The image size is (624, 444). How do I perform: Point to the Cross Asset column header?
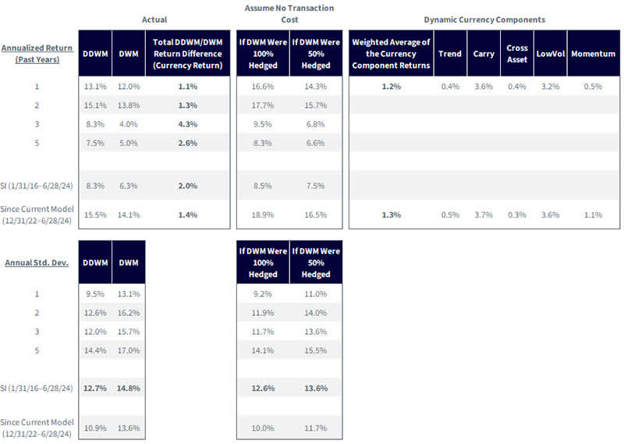coord(516,54)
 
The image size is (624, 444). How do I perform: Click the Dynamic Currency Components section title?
coord(484,19)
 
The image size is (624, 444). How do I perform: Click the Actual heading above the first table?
coord(154,19)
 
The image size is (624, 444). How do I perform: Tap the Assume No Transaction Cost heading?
coord(290,14)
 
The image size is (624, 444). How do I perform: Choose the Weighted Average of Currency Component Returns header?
coord(391,54)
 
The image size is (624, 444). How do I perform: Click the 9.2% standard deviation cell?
coord(262,294)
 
